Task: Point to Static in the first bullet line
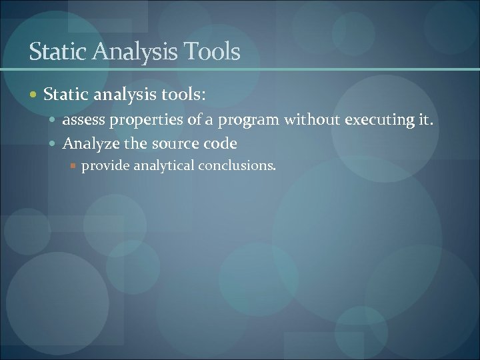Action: pyautogui.click(x=65, y=95)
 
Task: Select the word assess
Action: pyautogui.click(x=83, y=121)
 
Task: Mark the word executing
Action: pyautogui.click(x=378, y=121)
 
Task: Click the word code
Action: pyautogui.click(x=221, y=143)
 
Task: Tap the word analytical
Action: pyautogui.click(x=162, y=165)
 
